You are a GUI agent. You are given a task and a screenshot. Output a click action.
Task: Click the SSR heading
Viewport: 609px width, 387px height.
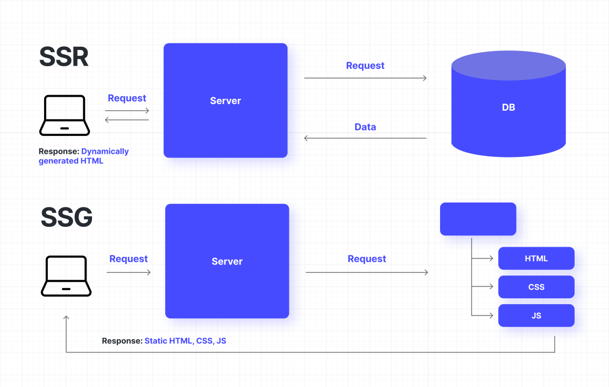tap(64, 57)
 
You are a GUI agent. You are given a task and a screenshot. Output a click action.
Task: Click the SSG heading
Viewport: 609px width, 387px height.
tap(67, 218)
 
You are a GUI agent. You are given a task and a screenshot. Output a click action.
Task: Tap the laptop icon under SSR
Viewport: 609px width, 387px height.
tap(64, 116)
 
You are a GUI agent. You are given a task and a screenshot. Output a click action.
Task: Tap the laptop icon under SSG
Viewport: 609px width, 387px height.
tap(66, 276)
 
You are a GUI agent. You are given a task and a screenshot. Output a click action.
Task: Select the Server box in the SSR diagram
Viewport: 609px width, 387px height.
tap(225, 101)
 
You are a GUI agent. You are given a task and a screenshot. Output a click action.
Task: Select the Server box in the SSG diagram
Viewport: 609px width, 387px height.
tap(227, 261)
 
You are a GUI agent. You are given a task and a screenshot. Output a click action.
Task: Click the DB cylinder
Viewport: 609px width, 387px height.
tap(508, 107)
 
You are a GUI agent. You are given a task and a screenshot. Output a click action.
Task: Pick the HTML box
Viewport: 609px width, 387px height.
tap(536, 259)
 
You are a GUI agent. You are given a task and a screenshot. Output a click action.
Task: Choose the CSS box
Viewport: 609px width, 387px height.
tap(536, 287)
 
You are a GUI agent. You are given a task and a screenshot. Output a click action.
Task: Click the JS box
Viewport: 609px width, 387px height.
tap(536, 316)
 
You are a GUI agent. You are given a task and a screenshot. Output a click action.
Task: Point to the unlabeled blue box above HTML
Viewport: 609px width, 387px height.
tap(478, 219)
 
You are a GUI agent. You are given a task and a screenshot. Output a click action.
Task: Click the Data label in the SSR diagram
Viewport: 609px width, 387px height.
tap(365, 127)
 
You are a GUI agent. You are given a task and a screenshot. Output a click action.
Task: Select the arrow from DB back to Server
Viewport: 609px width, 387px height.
tap(365, 138)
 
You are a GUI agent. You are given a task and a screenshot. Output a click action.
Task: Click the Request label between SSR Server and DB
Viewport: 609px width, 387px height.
tap(365, 66)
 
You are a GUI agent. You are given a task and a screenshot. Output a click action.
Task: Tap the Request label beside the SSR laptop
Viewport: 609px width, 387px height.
tap(127, 98)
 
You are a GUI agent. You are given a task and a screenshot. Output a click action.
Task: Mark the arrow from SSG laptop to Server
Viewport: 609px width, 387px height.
tap(129, 273)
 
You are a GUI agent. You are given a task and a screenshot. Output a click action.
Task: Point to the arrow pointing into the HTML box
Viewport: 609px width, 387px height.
tap(483, 259)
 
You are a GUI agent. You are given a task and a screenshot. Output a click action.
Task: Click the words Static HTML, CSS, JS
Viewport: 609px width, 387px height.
tap(185, 341)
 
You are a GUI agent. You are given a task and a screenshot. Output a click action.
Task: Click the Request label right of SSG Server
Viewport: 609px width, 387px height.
tap(367, 259)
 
